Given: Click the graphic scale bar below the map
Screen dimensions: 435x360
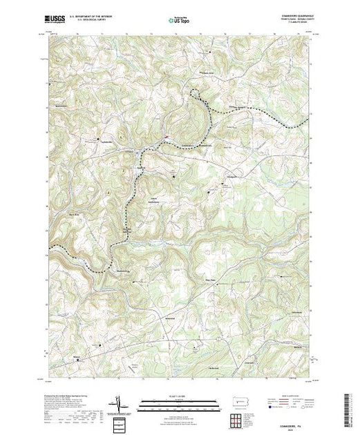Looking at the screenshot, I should pyautogui.click(x=180, y=403).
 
